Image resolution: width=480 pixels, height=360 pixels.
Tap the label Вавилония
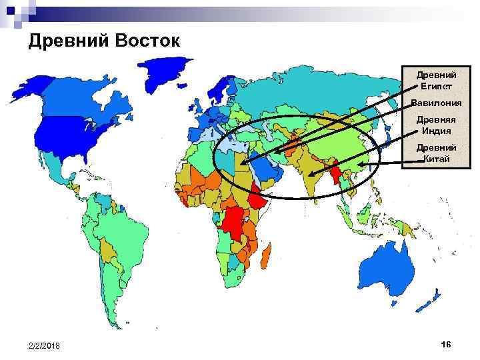[x=436, y=103]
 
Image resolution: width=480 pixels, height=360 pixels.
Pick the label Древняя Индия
[x=437, y=125]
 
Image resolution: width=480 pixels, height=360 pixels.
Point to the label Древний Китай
[x=437, y=153]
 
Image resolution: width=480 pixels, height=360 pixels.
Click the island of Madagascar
[x=267, y=253]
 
